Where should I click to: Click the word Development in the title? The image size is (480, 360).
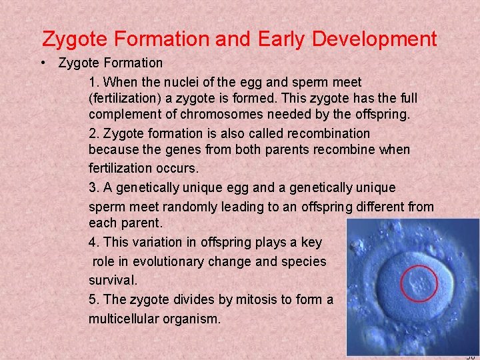pyautogui.click(x=375, y=39)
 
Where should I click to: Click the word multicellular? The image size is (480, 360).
pyautogui.click(x=124, y=318)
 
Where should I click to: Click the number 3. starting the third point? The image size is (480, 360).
pyautogui.click(x=94, y=188)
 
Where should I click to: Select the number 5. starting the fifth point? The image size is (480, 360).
pyautogui.click(x=94, y=299)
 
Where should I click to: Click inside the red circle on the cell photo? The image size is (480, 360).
pyautogui.click(x=419, y=283)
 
